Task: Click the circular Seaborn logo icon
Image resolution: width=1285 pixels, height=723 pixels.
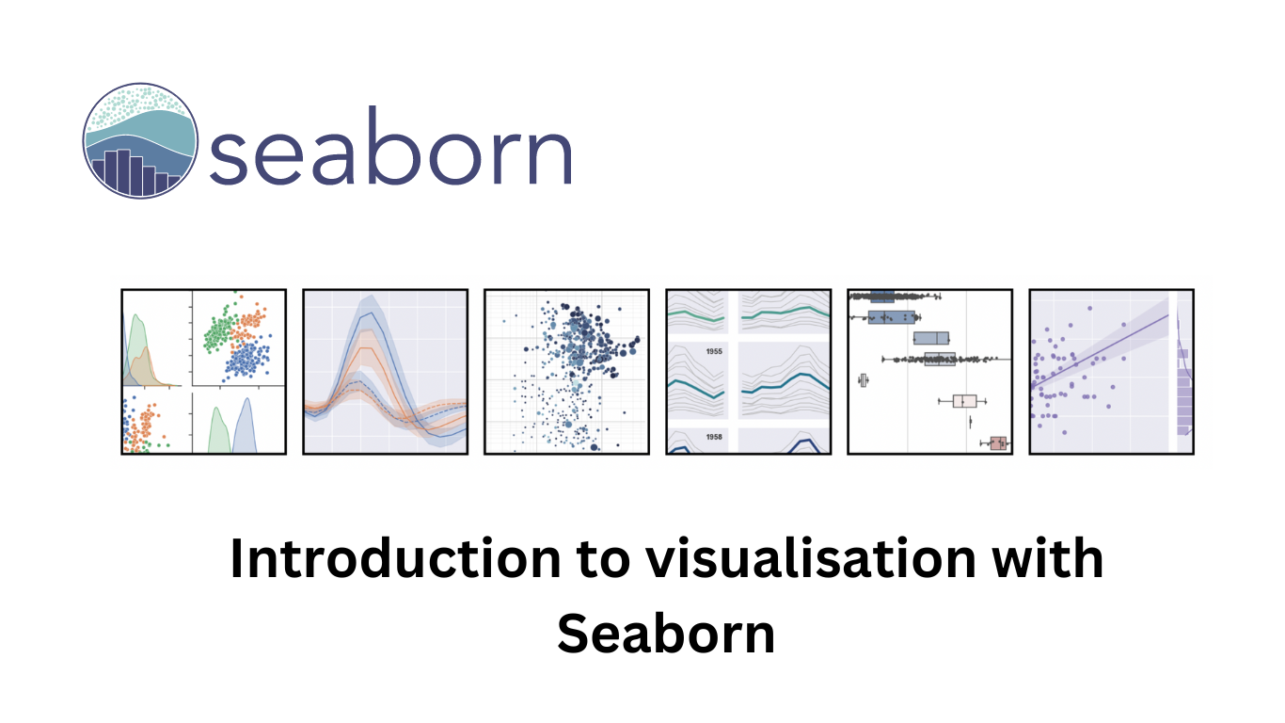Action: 140,140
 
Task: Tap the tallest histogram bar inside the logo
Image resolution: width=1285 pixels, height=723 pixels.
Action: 123,171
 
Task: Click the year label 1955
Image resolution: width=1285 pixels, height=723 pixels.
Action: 714,351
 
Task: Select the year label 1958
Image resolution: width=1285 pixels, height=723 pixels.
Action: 714,437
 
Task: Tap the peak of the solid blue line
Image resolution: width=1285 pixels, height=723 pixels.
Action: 373,313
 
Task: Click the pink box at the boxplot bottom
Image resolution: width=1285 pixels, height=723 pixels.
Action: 998,443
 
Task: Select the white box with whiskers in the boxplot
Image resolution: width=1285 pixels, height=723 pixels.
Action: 964,401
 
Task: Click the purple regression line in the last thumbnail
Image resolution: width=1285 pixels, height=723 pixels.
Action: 1100,351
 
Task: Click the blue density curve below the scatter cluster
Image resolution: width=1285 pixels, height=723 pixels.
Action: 245,426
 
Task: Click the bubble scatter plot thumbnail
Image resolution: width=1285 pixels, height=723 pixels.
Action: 567,372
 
